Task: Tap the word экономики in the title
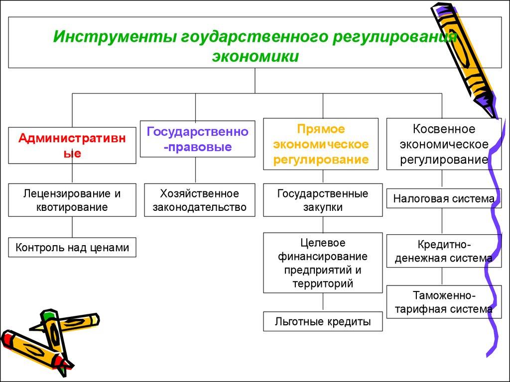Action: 255,56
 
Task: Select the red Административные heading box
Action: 72,145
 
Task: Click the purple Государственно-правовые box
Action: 195,139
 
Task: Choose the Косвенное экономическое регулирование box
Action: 443,144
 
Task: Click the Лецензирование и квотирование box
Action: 72,200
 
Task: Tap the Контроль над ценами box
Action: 72,247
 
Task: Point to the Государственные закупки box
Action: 323,200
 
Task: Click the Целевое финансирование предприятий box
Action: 323,263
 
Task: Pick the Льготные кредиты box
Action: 323,322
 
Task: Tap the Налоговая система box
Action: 443,199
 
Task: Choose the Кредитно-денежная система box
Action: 443,251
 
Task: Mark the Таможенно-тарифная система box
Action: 443,302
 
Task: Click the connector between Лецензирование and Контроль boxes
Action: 72,227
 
